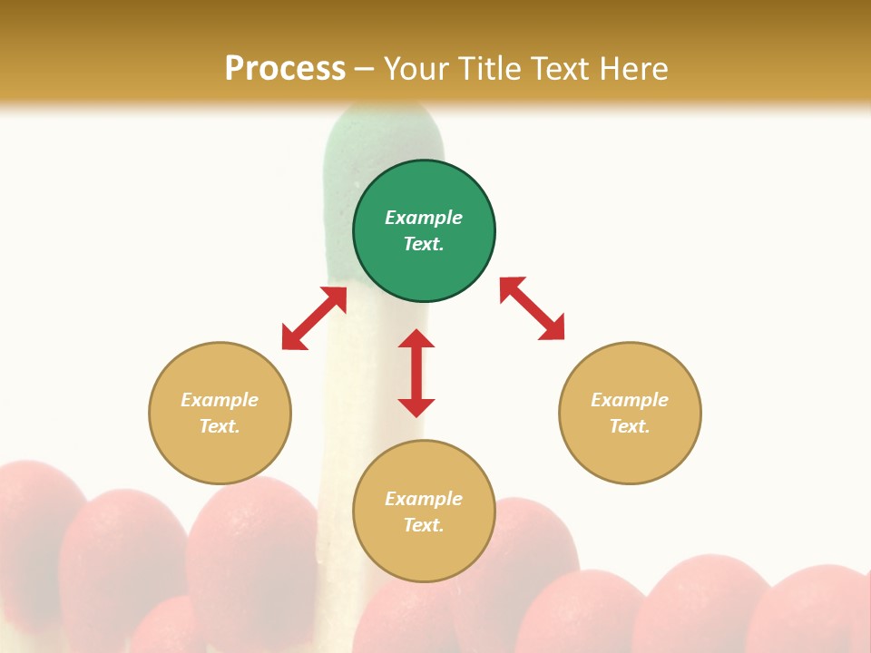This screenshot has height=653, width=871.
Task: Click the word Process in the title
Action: coord(285,69)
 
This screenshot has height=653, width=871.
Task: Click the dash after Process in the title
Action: coord(364,70)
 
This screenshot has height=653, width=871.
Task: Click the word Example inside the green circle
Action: coord(424,218)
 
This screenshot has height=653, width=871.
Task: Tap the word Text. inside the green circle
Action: coord(424,244)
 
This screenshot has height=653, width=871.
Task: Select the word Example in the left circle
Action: coord(220,400)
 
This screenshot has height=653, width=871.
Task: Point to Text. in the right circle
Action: coord(630,426)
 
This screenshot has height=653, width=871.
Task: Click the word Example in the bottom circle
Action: coord(424,499)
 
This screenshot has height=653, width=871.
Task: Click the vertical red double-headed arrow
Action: coord(416,373)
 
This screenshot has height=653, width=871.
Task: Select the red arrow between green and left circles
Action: coord(314,318)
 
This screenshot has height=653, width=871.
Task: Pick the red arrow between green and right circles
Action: coord(532,308)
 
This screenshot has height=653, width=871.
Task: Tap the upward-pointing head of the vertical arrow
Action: coord(416,338)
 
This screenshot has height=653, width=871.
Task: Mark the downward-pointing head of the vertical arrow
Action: coord(416,407)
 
